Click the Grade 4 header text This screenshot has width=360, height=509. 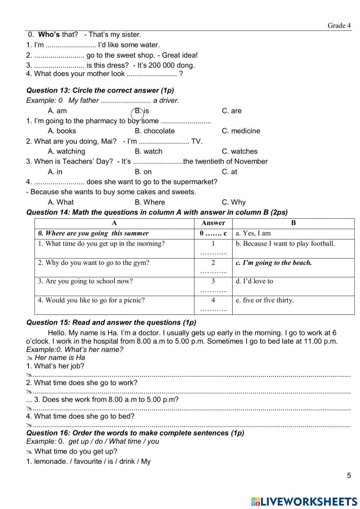[339, 25]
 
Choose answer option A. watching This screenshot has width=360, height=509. [67, 151]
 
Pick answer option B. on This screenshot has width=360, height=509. [143, 172]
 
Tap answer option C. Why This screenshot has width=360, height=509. [234, 202]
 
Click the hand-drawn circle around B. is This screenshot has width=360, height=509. [138, 114]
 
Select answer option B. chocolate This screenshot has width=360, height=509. [154, 131]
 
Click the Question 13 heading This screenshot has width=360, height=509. [100, 90]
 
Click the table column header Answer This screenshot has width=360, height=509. [213, 223]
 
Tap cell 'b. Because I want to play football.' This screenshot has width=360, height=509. [285, 244]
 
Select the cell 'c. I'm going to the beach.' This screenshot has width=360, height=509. [274, 263]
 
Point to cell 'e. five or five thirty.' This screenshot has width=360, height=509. [265, 300]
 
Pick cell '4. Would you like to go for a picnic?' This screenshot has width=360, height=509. [91, 300]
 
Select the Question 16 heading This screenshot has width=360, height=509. [135, 433]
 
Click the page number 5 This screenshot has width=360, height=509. [348, 475]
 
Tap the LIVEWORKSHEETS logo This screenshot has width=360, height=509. [304, 501]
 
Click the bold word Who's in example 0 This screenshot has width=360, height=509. [49, 35]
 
